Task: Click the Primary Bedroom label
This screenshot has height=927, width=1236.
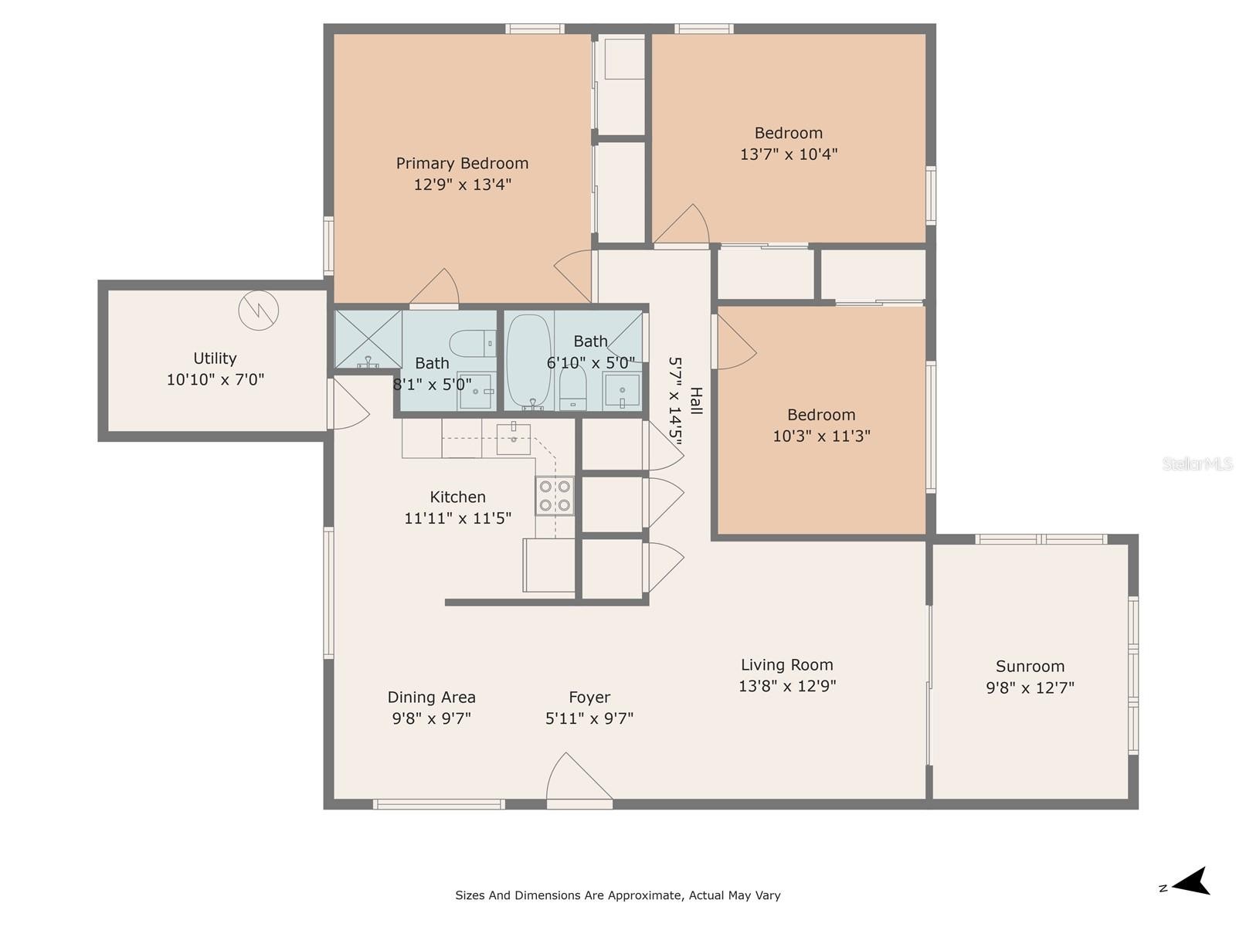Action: point(462,163)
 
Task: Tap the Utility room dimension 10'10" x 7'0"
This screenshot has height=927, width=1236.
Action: point(215,379)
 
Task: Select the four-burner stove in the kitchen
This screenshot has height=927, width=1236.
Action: point(555,496)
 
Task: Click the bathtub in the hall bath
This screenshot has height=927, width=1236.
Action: point(528,361)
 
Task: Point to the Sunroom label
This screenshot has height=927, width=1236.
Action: point(1030,667)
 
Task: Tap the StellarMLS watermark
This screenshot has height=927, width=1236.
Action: point(1197,463)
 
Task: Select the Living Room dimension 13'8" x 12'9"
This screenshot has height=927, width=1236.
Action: point(787,685)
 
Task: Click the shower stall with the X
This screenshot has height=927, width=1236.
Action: point(368,339)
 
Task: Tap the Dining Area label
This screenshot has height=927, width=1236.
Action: point(431,698)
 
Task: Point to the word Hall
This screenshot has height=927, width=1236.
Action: point(697,401)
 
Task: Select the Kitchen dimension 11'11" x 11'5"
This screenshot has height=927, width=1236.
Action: point(458,518)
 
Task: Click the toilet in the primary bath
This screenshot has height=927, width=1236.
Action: point(472,343)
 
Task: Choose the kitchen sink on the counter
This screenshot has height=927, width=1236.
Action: point(514,439)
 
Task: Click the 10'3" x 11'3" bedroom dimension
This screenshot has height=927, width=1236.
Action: point(822,436)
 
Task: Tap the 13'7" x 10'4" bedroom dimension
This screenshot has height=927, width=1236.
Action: point(789,154)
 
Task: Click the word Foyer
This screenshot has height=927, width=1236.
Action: point(589,698)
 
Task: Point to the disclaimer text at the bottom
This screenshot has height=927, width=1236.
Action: point(618,895)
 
